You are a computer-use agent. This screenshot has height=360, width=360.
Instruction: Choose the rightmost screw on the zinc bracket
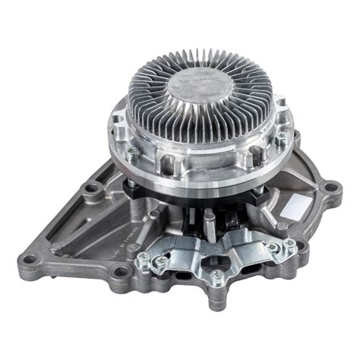pyautogui.click(x=289, y=244)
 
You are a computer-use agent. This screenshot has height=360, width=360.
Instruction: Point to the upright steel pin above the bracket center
pyautogui.click(x=209, y=221)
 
